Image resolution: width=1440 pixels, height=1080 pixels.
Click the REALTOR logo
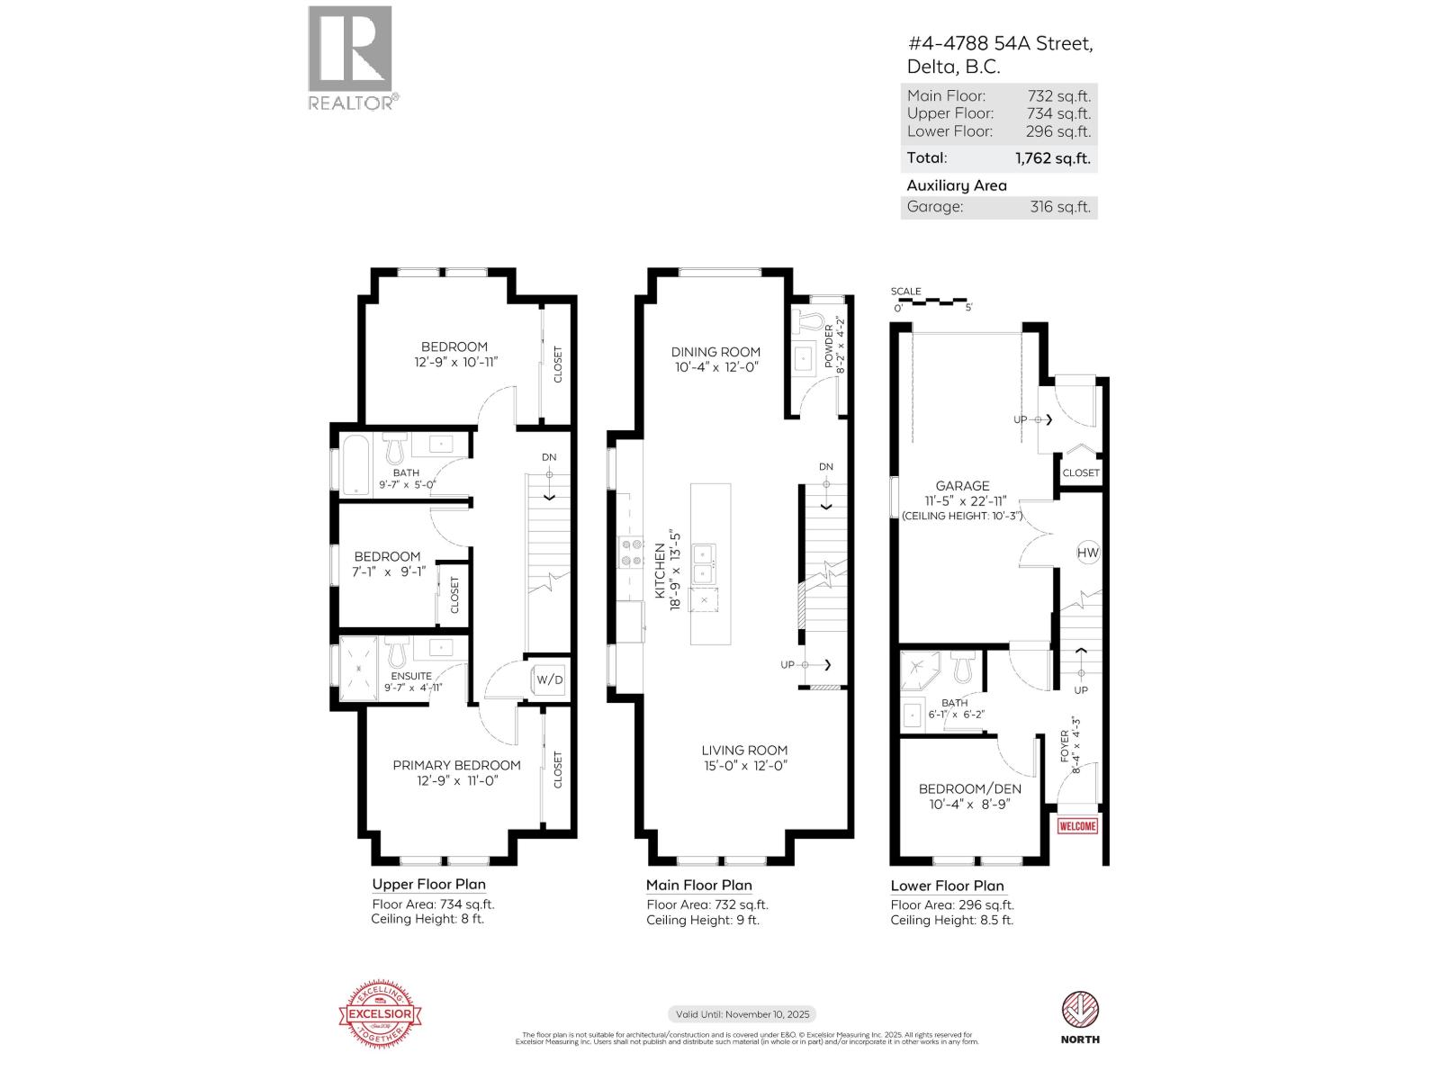(x=351, y=58)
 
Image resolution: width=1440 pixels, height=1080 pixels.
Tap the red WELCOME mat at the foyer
(x=1077, y=826)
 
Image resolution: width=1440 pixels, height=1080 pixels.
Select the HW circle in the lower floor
(x=1087, y=553)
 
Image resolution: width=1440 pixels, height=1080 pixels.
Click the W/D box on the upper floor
(x=549, y=679)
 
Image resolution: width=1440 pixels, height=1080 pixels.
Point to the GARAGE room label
(x=962, y=486)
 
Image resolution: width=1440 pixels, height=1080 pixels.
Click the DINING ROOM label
(x=715, y=352)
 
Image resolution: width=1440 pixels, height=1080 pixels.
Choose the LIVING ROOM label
(x=744, y=750)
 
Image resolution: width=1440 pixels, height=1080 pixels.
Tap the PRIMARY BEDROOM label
(x=456, y=765)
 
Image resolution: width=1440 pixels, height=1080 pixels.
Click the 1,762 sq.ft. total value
(x=1052, y=158)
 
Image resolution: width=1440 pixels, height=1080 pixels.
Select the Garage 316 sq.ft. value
(x=1059, y=207)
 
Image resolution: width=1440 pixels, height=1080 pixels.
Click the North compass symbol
(x=1080, y=1009)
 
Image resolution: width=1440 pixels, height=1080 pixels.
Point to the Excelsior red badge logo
(x=380, y=1015)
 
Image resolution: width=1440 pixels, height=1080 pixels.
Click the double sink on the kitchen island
(x=704, y=563)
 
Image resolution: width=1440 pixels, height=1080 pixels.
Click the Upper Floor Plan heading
(x=428, y=885)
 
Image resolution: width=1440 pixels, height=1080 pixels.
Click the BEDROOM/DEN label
(x=969, y=789)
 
